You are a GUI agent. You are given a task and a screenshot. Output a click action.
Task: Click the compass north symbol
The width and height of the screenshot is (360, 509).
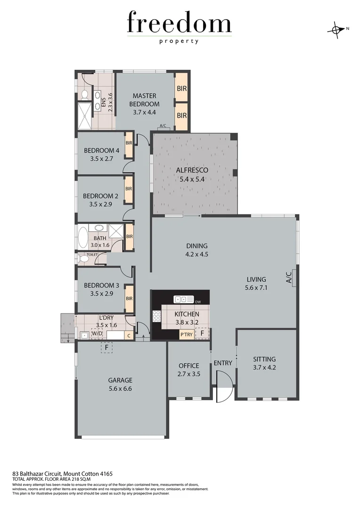coord(336,29)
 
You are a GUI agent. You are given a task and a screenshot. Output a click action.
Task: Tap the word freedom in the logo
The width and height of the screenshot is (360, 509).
coord(179,24)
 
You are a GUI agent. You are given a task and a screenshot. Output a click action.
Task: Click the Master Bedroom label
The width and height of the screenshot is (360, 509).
coord(144,100)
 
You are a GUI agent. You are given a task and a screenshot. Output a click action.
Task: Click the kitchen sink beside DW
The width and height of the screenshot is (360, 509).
coord(184,299)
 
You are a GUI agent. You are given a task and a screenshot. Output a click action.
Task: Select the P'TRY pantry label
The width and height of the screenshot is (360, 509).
coord(187,334)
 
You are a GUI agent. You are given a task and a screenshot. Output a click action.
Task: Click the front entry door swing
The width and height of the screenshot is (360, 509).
coord(224,386)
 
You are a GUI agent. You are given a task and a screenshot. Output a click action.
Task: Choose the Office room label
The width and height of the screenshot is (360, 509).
coord(188,366)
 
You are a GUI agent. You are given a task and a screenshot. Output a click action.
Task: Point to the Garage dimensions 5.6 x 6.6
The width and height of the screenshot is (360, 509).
coord(120,389)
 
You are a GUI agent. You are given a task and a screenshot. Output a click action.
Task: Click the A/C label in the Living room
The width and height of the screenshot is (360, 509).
coord(290,277)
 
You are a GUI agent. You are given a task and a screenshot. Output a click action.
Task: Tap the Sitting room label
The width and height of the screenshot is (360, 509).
coord(264,359)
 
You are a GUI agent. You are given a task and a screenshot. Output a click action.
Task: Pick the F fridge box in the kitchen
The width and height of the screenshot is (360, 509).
coord(202,333)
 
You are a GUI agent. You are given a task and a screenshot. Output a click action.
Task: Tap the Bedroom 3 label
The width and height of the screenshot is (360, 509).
coord(101,285)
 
